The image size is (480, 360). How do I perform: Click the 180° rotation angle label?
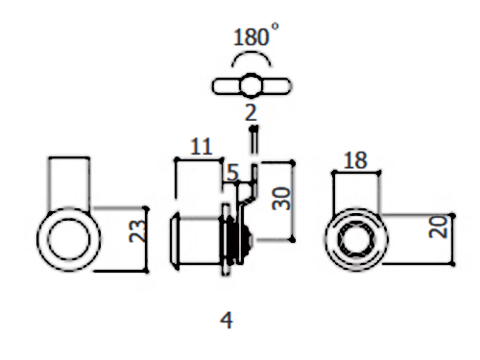[255, 35]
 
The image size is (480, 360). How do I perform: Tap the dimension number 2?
[251, 112]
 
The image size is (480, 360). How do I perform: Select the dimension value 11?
[201, 147]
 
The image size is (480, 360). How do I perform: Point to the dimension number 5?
[232, 173]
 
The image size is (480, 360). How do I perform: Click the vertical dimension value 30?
[281, 199]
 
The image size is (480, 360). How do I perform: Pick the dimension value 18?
[355, 160]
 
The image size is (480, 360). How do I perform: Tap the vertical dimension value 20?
[438, 227]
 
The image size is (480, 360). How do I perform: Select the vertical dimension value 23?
[137, 230]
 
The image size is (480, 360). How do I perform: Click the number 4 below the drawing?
[227, 320]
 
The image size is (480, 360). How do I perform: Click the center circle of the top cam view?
[251, 85]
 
